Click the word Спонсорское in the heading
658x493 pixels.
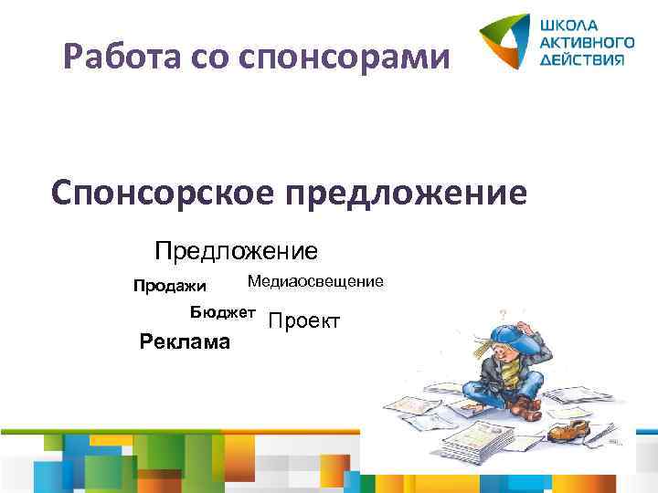(163, 194)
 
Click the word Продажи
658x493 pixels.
(170, 287)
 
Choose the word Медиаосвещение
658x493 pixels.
(315, 282)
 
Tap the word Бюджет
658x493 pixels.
(222, 312)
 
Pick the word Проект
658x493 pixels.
(305, 321)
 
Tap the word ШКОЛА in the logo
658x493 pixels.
(570, 25)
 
